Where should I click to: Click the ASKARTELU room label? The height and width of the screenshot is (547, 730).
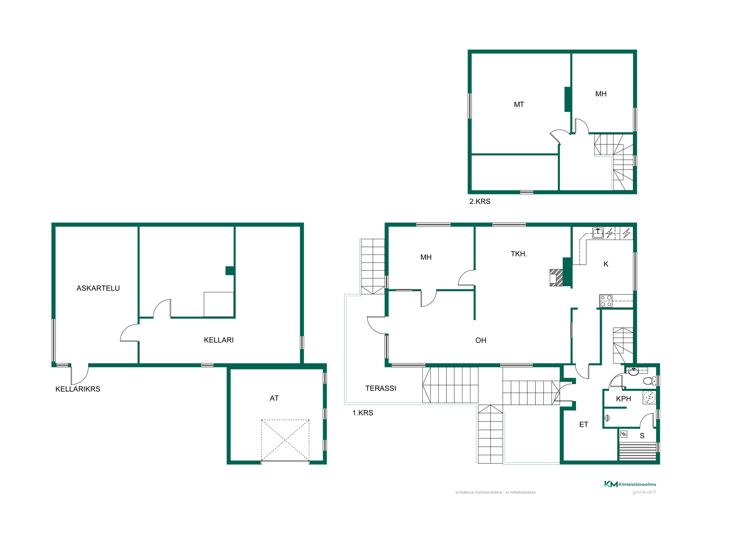[x=98, y=288]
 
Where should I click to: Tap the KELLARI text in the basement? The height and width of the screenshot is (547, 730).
[x=219, y=340]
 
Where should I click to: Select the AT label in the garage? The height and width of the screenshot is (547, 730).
[x=274, y=398]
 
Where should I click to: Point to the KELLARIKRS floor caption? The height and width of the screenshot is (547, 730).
[x=78, y=389]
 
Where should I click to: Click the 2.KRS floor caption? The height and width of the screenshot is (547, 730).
[x=480, y=201]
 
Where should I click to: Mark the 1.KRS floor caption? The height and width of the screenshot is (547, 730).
[x=362, y=413]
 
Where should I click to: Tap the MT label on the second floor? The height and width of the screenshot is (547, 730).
[x=519, y=105]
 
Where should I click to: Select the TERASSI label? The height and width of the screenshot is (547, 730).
[x=381, y=388]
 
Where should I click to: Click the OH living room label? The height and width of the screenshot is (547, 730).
[x=481, y=340]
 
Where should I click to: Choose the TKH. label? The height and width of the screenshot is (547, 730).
[x=519, y=254]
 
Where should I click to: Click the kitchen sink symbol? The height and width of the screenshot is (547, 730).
[x=598, y=233]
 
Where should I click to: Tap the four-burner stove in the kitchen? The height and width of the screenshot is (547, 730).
[x=606, y=301]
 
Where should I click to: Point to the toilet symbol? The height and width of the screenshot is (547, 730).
[x=649, y=381]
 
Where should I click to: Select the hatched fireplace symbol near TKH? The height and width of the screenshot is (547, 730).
[x=556, y=278]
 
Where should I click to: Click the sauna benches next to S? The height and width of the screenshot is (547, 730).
[x=638, y=451]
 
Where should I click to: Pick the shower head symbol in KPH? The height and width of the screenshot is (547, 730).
[x=607, y=418]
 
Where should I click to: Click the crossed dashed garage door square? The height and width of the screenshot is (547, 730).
[x=285, y=440]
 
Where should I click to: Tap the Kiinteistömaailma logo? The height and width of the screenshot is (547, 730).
[x=630, y=484]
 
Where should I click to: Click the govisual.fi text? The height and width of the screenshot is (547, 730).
[x=644, y=492]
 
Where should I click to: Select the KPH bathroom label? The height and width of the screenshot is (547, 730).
[x=623, y=399]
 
